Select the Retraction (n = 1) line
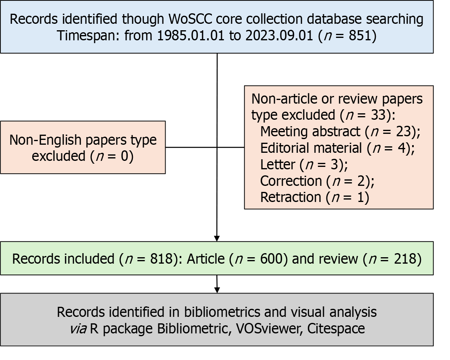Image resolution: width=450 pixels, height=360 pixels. point(314,198)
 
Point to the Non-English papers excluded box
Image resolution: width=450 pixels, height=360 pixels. point(83,148)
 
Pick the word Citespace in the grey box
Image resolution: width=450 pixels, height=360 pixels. point(336,329)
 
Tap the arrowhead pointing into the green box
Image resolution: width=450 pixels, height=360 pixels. point(217,238)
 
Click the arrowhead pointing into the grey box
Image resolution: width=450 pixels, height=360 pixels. point(217,290)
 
